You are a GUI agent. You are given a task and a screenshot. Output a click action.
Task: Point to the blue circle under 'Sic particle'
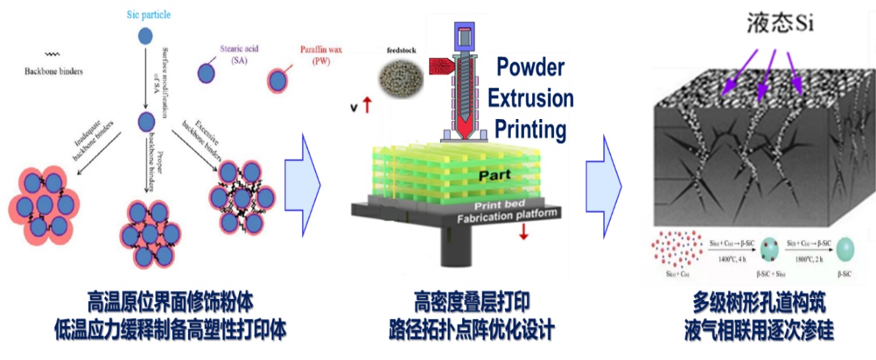pos(146,35)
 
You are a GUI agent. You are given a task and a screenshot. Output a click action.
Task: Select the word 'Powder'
pos(531,68)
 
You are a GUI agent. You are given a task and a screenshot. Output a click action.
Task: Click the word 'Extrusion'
pos(531,98)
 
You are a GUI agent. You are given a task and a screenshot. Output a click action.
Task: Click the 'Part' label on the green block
pos(499,176)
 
